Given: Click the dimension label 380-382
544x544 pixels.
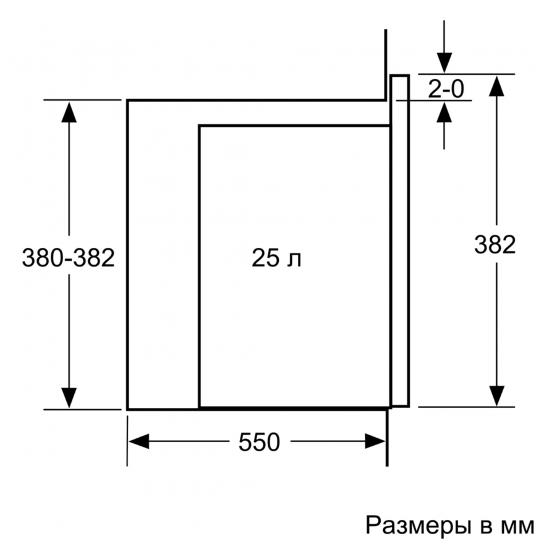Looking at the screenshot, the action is [x=69, y=258].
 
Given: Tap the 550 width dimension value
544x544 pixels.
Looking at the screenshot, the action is [x=259, y=442].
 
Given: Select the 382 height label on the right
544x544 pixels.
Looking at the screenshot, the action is [x=495, y=245].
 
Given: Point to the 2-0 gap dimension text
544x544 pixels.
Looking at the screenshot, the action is [x=446, y=89].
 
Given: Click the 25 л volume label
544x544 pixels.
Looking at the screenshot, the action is [x=276, y=258].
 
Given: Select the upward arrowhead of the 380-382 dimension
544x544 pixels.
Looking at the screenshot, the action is [x=69, y=112].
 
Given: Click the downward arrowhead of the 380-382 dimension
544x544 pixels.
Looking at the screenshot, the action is [x=69, y=398].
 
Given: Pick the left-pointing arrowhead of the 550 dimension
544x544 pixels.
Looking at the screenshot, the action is [x=138, y=441].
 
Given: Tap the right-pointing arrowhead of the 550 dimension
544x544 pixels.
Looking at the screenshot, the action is [x=375, y=441].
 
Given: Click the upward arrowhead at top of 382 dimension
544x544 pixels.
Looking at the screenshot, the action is [x=497, y=86].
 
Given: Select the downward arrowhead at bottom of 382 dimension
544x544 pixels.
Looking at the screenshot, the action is [x=497, y=396].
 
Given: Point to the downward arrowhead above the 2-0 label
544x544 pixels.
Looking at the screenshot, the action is [x=444, y=63].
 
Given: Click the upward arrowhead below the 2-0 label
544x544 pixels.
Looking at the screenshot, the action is [x=444, y=112].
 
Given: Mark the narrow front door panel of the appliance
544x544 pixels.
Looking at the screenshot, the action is [x=400, y=240].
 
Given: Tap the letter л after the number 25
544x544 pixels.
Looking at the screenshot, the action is [x=294, y=260].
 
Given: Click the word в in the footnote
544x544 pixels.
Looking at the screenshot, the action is [x=486, y=527].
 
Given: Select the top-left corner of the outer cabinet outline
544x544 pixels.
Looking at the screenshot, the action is [x=128, y=101].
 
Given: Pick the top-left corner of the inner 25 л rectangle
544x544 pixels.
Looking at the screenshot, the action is [x=200, y=125].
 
